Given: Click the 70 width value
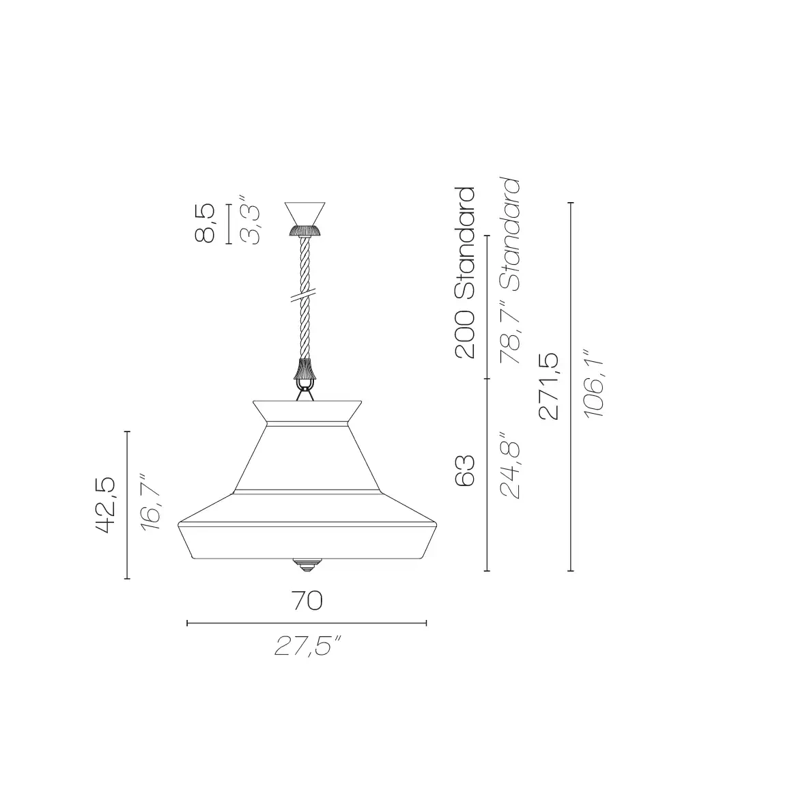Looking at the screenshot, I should [307, 601].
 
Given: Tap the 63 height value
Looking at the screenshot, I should [464, 471].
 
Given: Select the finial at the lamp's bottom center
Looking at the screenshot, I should [306, 564].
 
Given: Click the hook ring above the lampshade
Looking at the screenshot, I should [306, 392].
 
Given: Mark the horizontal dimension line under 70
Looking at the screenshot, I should [307, 623].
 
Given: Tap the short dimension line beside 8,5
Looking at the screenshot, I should [227, 223].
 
